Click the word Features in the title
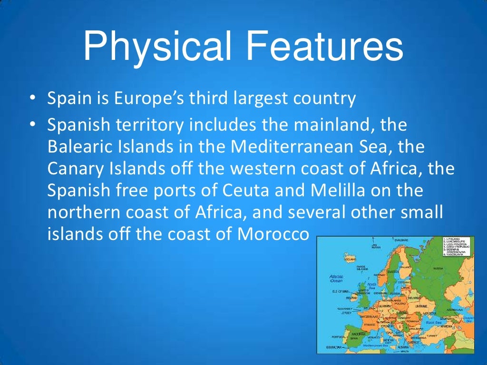click(323, 46)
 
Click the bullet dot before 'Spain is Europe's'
click(32, 99)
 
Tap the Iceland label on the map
click(350, 259)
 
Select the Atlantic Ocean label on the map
click(337, 279)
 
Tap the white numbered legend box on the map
click(458, 246)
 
